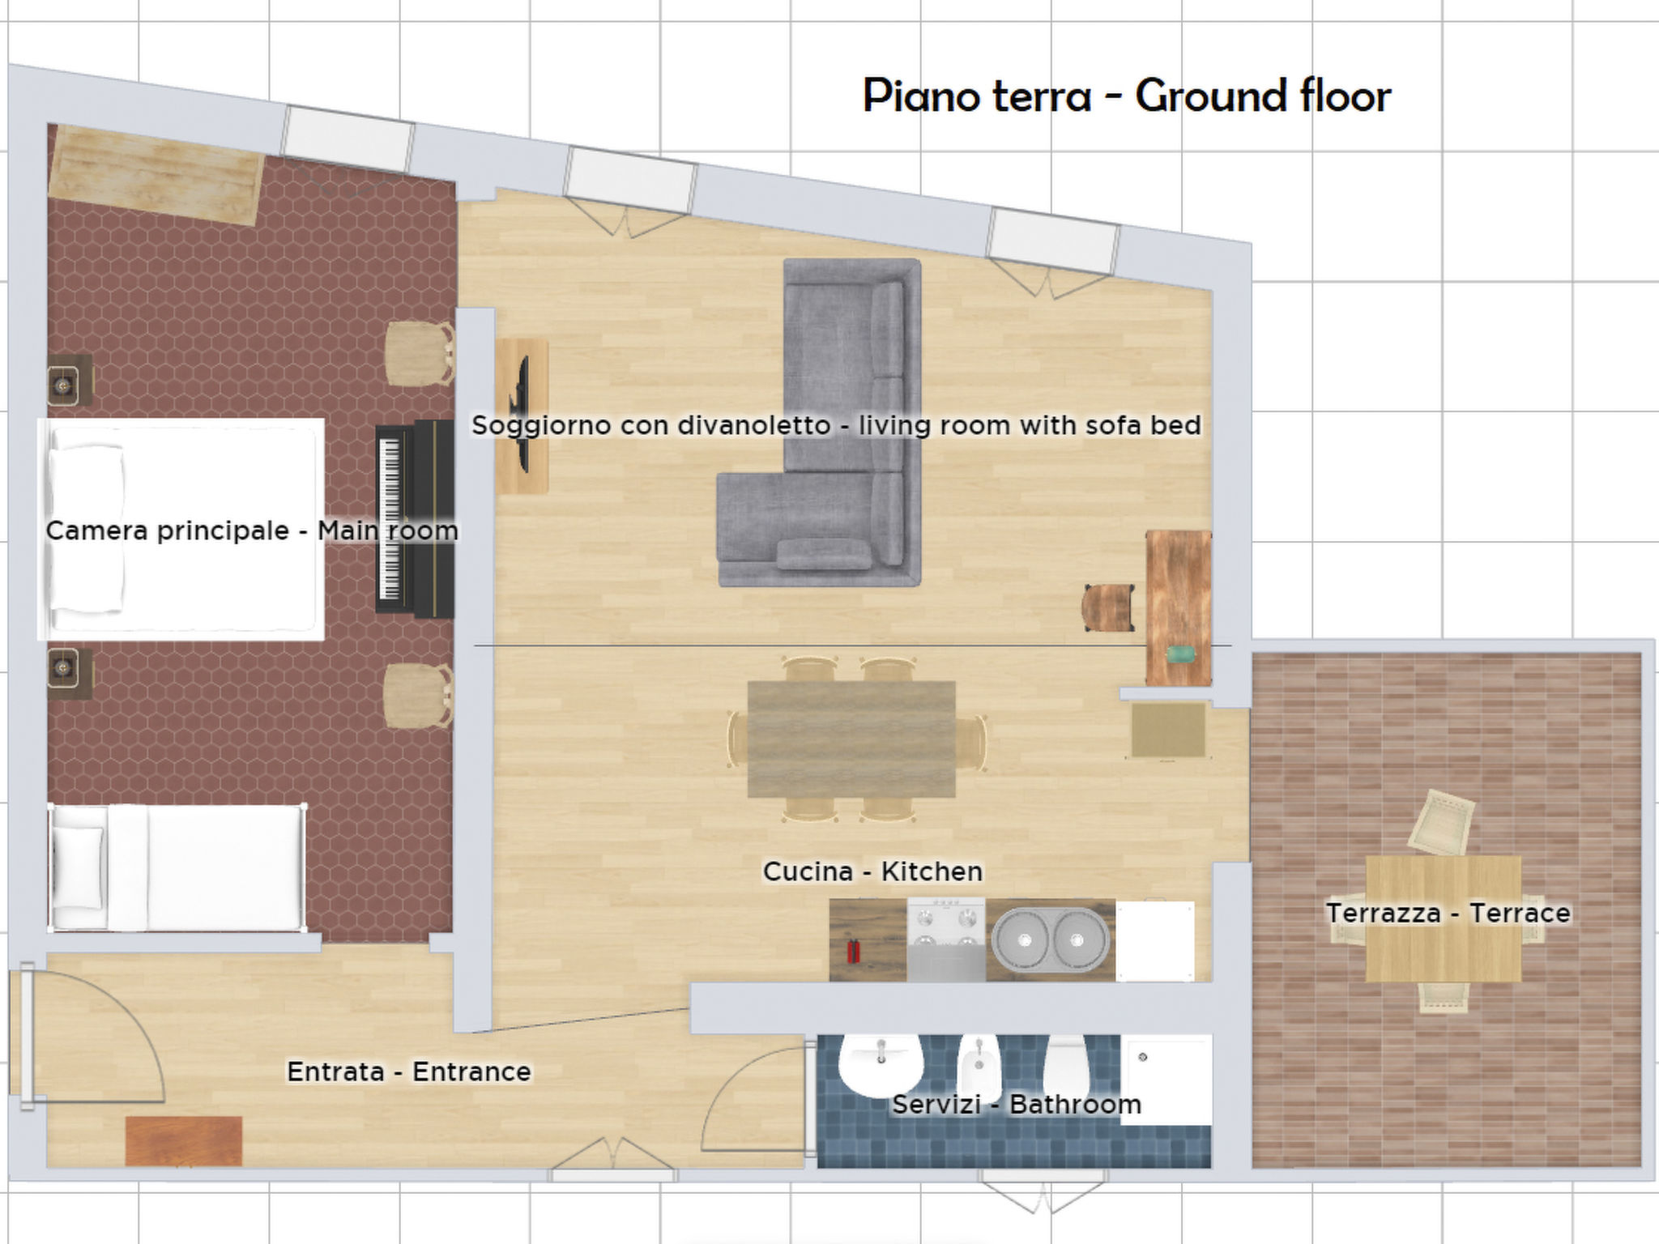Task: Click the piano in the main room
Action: (x=415, y=518)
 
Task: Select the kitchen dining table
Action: (x=851, y=739)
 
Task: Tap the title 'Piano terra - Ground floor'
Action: (x=1126, y=96)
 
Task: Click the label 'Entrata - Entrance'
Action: (x=408, y=1071)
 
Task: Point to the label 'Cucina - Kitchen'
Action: (x=872, y=871)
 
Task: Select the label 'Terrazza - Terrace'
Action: (x=1448, y=913)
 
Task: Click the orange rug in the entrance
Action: (x=184, y=1140)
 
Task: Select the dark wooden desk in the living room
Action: (x=1178, y=607)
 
